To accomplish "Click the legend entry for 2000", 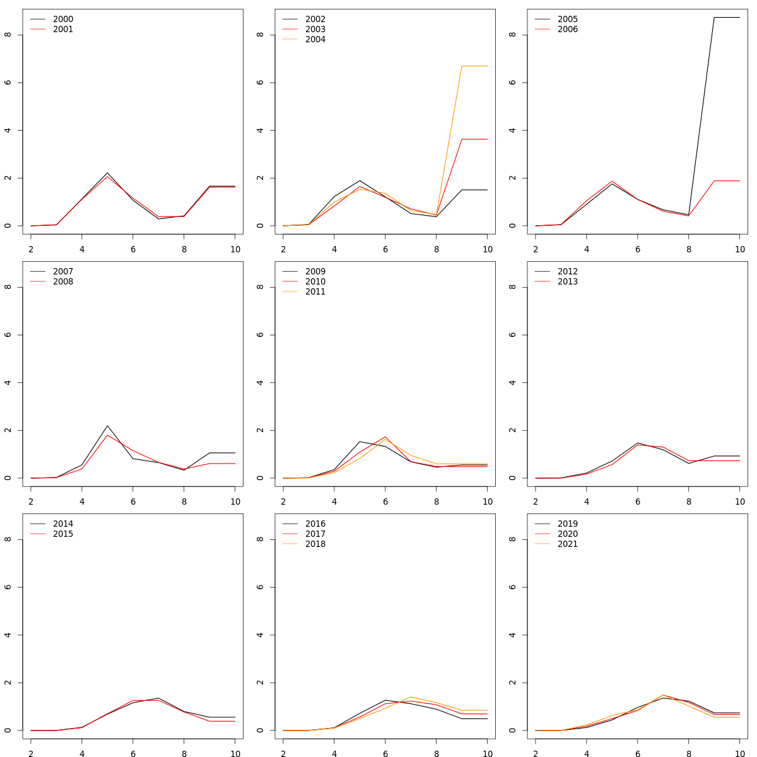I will point(62,20).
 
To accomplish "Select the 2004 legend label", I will point(315,40).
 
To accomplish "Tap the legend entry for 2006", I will point(567,30).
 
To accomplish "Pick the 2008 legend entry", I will point(62,282).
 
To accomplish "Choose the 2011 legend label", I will point(315,292).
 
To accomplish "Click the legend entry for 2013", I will point(567,282).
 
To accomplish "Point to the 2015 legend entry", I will point(62,534).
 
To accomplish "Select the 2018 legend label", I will point(315,544).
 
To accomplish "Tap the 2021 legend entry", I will point(567,544).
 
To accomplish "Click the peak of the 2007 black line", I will point(107,426).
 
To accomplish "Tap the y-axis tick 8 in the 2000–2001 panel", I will point(8,35).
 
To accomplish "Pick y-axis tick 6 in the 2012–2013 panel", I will point(512,335).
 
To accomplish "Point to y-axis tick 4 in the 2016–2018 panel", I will point(260,635).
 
